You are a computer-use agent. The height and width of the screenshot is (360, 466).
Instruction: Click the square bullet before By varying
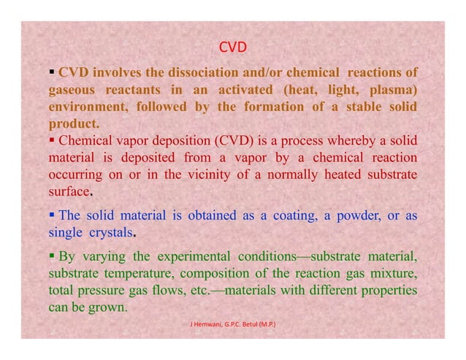click(53, 257)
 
